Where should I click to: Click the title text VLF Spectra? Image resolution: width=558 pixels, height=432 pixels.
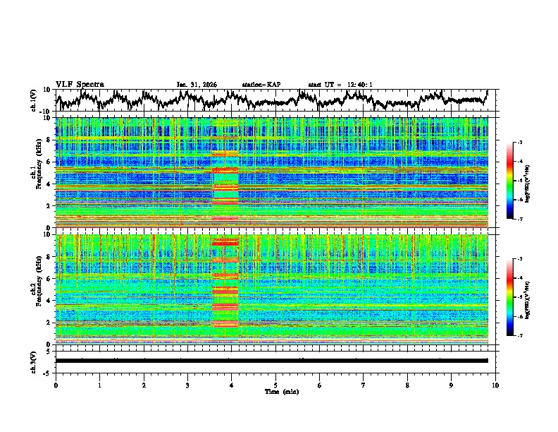[x=80, y=84]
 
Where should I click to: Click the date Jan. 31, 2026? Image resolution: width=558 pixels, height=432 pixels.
[x=197, y=85]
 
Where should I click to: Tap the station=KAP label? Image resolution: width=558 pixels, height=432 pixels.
[x=261, y=85]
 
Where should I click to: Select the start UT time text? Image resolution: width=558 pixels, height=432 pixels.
[x=340, y=85]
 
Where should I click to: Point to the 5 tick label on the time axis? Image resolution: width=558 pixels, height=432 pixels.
[x=275, y=385]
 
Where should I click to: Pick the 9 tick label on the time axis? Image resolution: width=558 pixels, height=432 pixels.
[x=452, y=385]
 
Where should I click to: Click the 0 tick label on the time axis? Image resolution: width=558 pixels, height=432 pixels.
[x=56, y=385]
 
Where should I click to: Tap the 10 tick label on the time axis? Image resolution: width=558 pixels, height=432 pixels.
[x=495, y=385]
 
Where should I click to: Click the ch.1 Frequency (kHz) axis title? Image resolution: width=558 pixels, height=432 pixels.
[x=37, y=172]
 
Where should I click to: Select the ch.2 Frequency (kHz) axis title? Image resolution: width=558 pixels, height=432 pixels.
[x=37, y=289]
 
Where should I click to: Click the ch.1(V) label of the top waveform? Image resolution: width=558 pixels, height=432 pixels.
[x=34, y=100]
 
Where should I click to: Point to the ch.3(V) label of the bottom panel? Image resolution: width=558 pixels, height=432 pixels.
[x=34, y=361]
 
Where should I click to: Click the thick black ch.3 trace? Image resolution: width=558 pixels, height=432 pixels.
[x=271, y=361]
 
